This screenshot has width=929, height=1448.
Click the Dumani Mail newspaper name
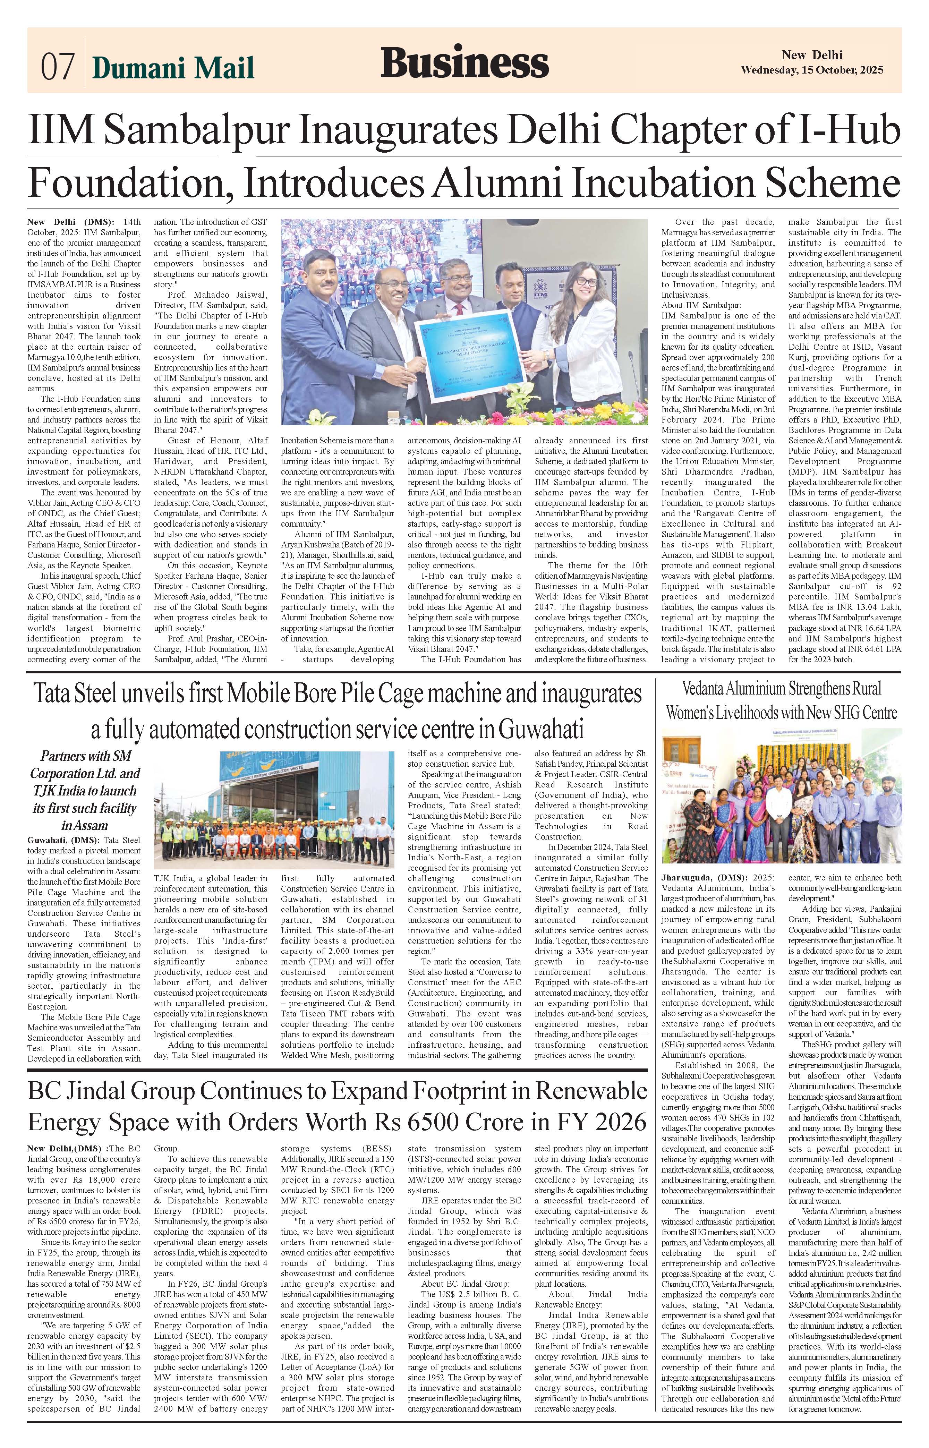[173, 68]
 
